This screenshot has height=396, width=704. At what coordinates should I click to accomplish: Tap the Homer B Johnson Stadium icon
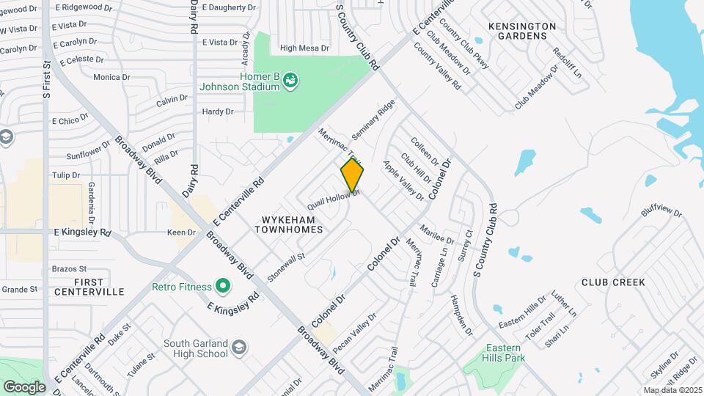click(x=290, y=78)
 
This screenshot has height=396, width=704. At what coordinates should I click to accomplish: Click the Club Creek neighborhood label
click(x=612, y=282)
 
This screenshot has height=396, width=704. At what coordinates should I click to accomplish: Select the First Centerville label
click(x=89, y=286)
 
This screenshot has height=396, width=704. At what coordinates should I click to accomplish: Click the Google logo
click(x=24, y=386)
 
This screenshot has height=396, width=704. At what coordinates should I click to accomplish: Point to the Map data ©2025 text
click(x=672, y=390)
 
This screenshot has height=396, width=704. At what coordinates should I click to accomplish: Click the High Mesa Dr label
click(x=304, y=48)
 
